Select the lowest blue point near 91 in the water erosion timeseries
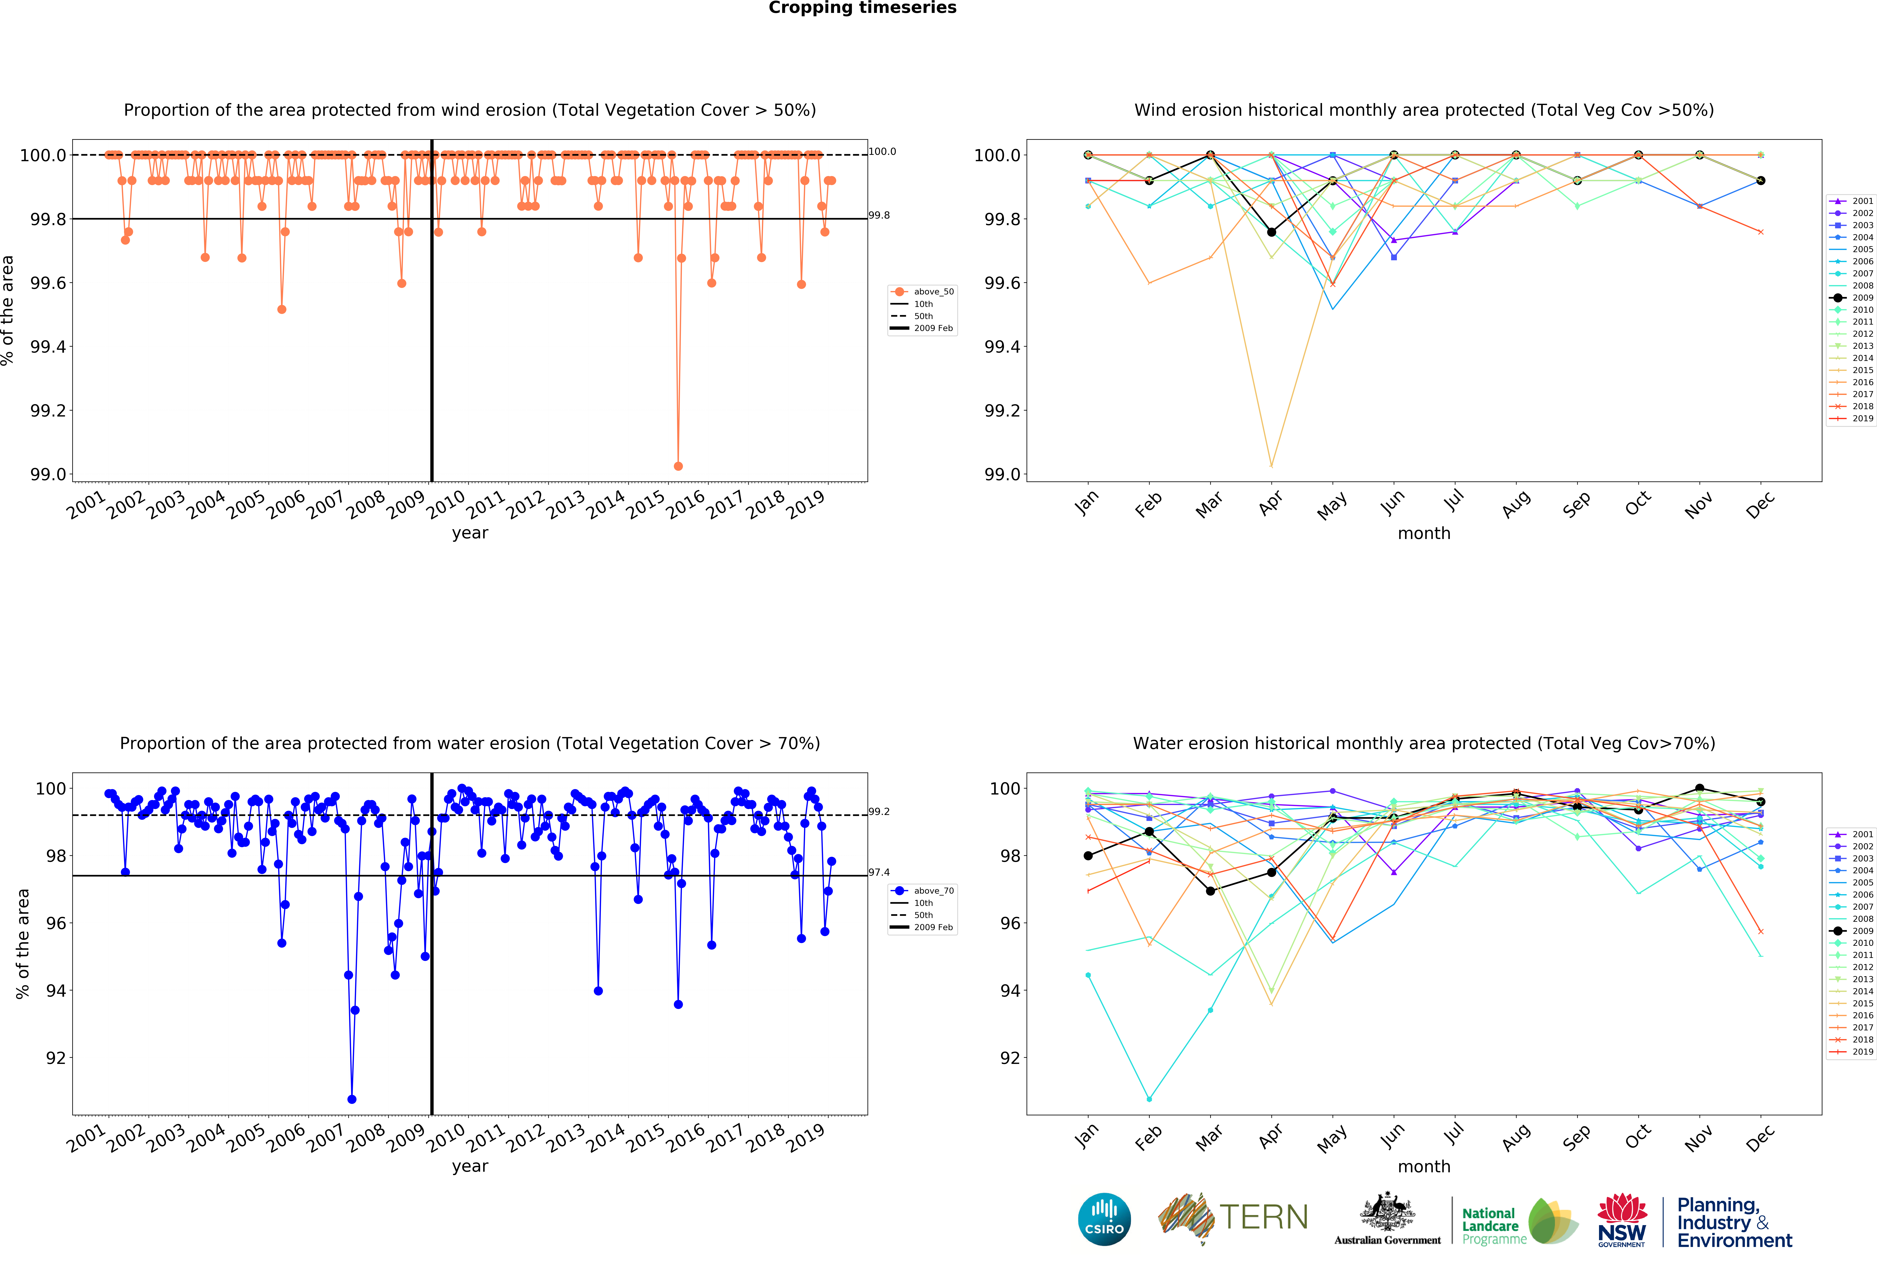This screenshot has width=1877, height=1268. click(351, 1099)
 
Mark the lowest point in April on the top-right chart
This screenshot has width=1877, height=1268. click(1271, 466)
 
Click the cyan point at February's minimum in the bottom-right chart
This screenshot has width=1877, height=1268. click(1149, 1099)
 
